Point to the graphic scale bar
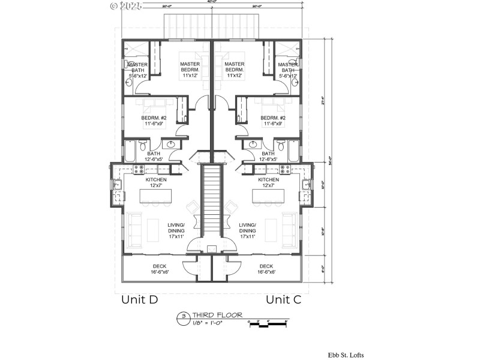tap(267, 325)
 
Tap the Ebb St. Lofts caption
tap(345, 355)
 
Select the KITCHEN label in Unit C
tap(268, 179)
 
